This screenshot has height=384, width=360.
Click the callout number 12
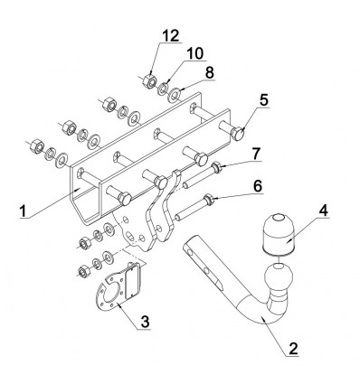171,36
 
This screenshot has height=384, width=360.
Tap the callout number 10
194,53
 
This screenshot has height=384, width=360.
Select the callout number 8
209,72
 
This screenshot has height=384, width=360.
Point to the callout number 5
264,100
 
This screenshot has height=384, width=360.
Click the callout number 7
256,154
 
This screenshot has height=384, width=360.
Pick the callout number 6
257,186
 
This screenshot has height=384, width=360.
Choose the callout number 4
323,211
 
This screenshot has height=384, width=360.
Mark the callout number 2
293,349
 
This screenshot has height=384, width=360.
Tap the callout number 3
145,322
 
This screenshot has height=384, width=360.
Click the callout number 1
23,211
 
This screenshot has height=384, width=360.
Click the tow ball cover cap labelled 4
279,234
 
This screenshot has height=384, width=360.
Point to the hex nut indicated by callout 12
149,80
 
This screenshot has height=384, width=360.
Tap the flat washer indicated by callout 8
174,94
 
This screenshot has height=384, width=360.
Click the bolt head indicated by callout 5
238,133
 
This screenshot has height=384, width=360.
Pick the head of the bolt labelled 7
216,167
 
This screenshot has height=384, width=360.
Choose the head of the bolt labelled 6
209,200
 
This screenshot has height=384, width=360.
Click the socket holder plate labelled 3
118,289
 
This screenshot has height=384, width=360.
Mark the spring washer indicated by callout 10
162,88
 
